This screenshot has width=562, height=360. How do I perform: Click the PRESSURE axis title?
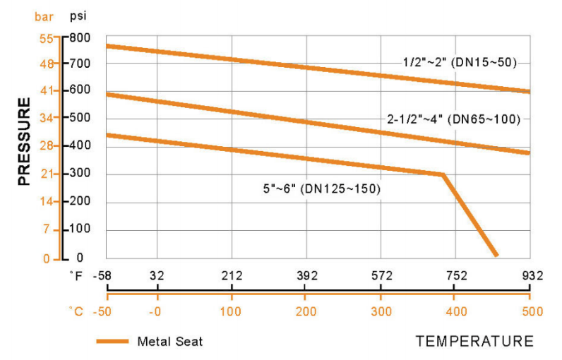(x=24, y=142)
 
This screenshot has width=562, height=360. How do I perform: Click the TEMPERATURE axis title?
(x=474, y=342)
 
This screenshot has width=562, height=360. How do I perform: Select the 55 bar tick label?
(x=47, y=37)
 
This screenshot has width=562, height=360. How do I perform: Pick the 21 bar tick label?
(x=47, y=174)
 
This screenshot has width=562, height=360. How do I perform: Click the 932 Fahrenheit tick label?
(x=531, y=275)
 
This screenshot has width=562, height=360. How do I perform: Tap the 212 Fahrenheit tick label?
(x=232, y=275)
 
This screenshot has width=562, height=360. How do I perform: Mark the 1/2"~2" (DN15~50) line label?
(x=460, y=62)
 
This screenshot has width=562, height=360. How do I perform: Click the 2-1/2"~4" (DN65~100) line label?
(x=454, y=119)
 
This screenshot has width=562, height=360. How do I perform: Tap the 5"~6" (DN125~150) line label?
(x=321, y=189)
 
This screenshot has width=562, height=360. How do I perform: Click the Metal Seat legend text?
(x=170, y=342)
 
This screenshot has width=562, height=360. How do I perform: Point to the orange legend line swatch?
(x=112, y=342)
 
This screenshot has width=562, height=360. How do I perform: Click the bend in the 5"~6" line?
(x=443, y=174)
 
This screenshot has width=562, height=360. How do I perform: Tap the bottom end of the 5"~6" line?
(x=496, y=254)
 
